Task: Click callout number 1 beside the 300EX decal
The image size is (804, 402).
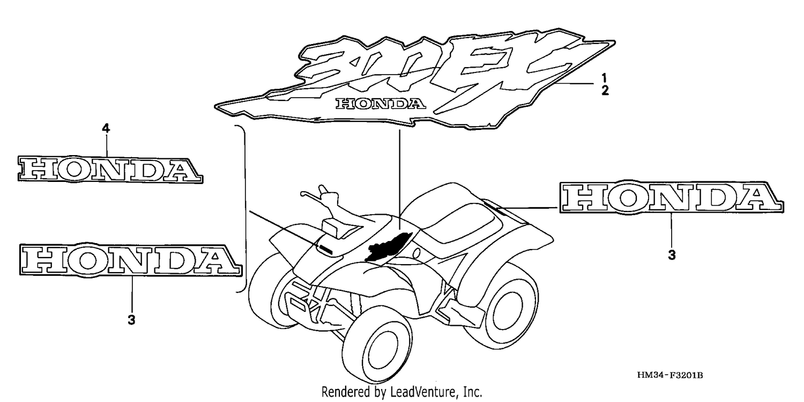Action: click(x=604, y=78)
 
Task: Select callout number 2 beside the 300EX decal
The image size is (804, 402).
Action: click(x=605, y=91)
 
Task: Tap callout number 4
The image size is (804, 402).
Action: click(x=106, y=128)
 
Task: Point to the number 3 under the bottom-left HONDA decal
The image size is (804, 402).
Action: click(x=131, y=319)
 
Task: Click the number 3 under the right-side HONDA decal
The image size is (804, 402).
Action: click(x=672, y=255)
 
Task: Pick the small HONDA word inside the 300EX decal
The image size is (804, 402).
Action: click(x=381, y=104)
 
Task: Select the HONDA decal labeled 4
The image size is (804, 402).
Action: click(x=110, y=170)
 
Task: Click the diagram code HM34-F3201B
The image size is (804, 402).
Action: click(x=670, y=375)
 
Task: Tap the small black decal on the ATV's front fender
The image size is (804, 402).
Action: click(x=325, y=248)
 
